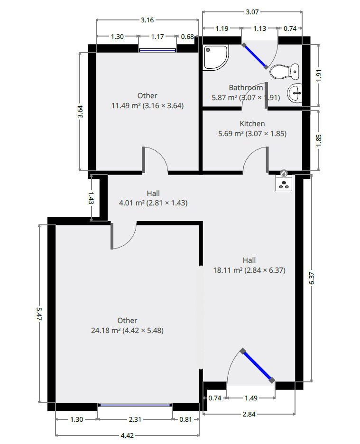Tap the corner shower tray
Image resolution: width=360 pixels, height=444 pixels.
point(216,57)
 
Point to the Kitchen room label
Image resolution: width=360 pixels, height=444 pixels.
point(252,124)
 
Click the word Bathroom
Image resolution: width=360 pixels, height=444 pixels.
point(246,87)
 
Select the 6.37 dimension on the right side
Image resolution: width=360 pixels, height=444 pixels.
point(312,278)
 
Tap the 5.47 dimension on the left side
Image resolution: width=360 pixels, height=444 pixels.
point(39,314)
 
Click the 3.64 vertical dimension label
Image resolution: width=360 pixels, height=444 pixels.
point(80,111)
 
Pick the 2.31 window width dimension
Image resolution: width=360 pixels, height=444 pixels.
point(135,419)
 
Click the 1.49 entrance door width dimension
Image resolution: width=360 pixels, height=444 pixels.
point(251,398)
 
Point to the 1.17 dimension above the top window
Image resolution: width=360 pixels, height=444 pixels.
point(157,37)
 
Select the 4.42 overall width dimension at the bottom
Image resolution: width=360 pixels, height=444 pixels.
point(127,435)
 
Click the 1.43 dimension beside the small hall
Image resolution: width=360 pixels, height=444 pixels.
point(91,198)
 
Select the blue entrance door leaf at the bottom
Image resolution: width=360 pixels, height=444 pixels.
point(258,366)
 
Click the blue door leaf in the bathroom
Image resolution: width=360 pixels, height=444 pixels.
point(255,56)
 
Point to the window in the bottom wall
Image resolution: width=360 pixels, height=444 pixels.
point(135,405)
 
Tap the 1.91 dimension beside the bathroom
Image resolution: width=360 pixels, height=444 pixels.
point(319,75)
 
